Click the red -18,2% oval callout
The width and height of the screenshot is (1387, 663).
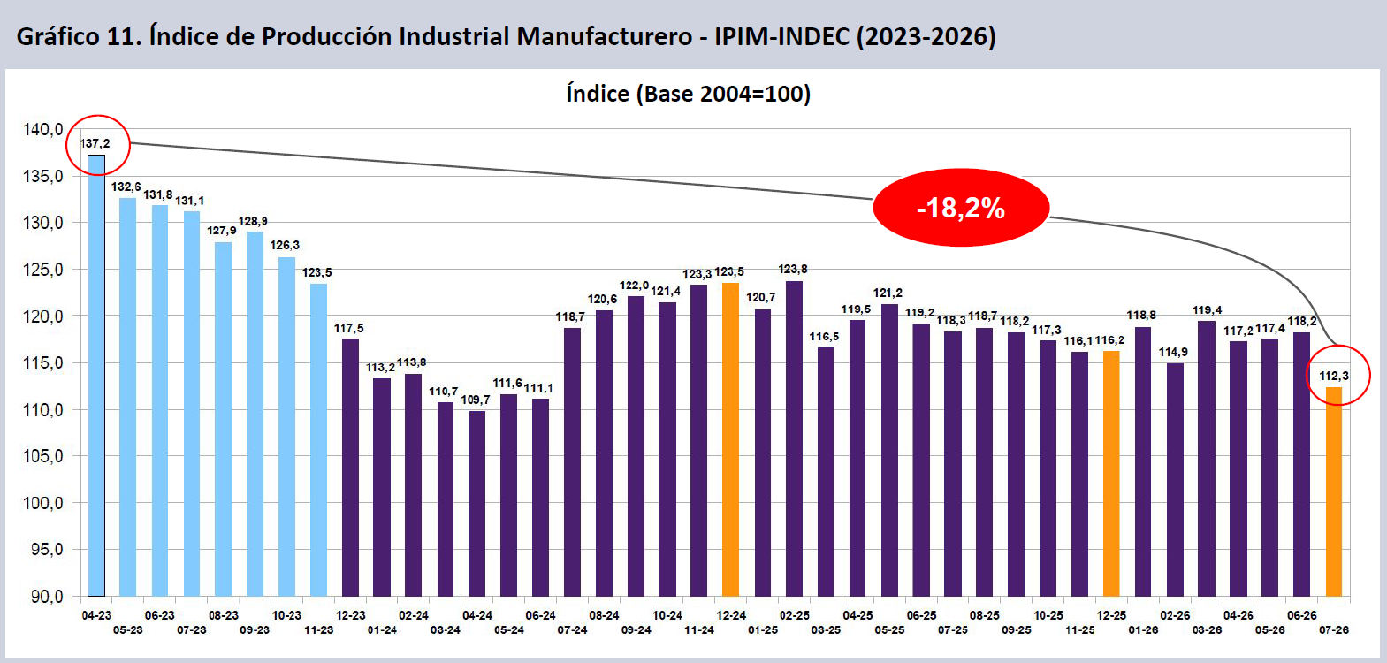pyautogui.click(x=960, y=208)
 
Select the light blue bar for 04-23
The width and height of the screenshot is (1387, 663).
pyautogui.click(x=96, y=376)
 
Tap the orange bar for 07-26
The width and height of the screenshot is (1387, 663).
pyautogui.click(x=1334, y=492)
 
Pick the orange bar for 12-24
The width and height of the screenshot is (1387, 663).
pyautogui.click(x=731, y=440)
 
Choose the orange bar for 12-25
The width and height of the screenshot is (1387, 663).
pyautogui.click(x=1111, y=474)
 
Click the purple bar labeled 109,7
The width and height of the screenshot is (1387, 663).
pyautogui.click(x=476, y=504)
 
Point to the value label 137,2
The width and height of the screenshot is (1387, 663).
pyautogui.click(x=95, y=143)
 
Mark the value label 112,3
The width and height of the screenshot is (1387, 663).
pyautogui.click(x=1334, y=376)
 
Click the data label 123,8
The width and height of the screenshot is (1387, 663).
pyautogui.click(x=793, y=270)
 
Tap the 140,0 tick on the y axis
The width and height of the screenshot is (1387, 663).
pyautogui.click(x=43, y=129)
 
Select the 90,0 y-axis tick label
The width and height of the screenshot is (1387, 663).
pyautogui.click(x=47, y=597)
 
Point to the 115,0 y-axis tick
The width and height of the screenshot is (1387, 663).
pyautogui.click(x=43, y=362)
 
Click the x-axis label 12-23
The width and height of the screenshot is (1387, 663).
pyautogui.click(x=350, y=615)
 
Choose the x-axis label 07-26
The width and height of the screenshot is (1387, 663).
pyautogui.click(x=1334, y=629)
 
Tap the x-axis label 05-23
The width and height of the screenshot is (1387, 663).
pyautogui.click(x=127, y=629)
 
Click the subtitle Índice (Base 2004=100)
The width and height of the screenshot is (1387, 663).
pyautogui.click(x=688, y=94)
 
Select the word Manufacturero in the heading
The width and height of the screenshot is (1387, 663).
pyautogui.click(x=605, y=36)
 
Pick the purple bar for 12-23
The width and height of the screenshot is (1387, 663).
pyautogui.click(x=350, y=468)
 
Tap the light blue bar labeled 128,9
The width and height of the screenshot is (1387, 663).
pyautogui.click(x=255, y=414)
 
